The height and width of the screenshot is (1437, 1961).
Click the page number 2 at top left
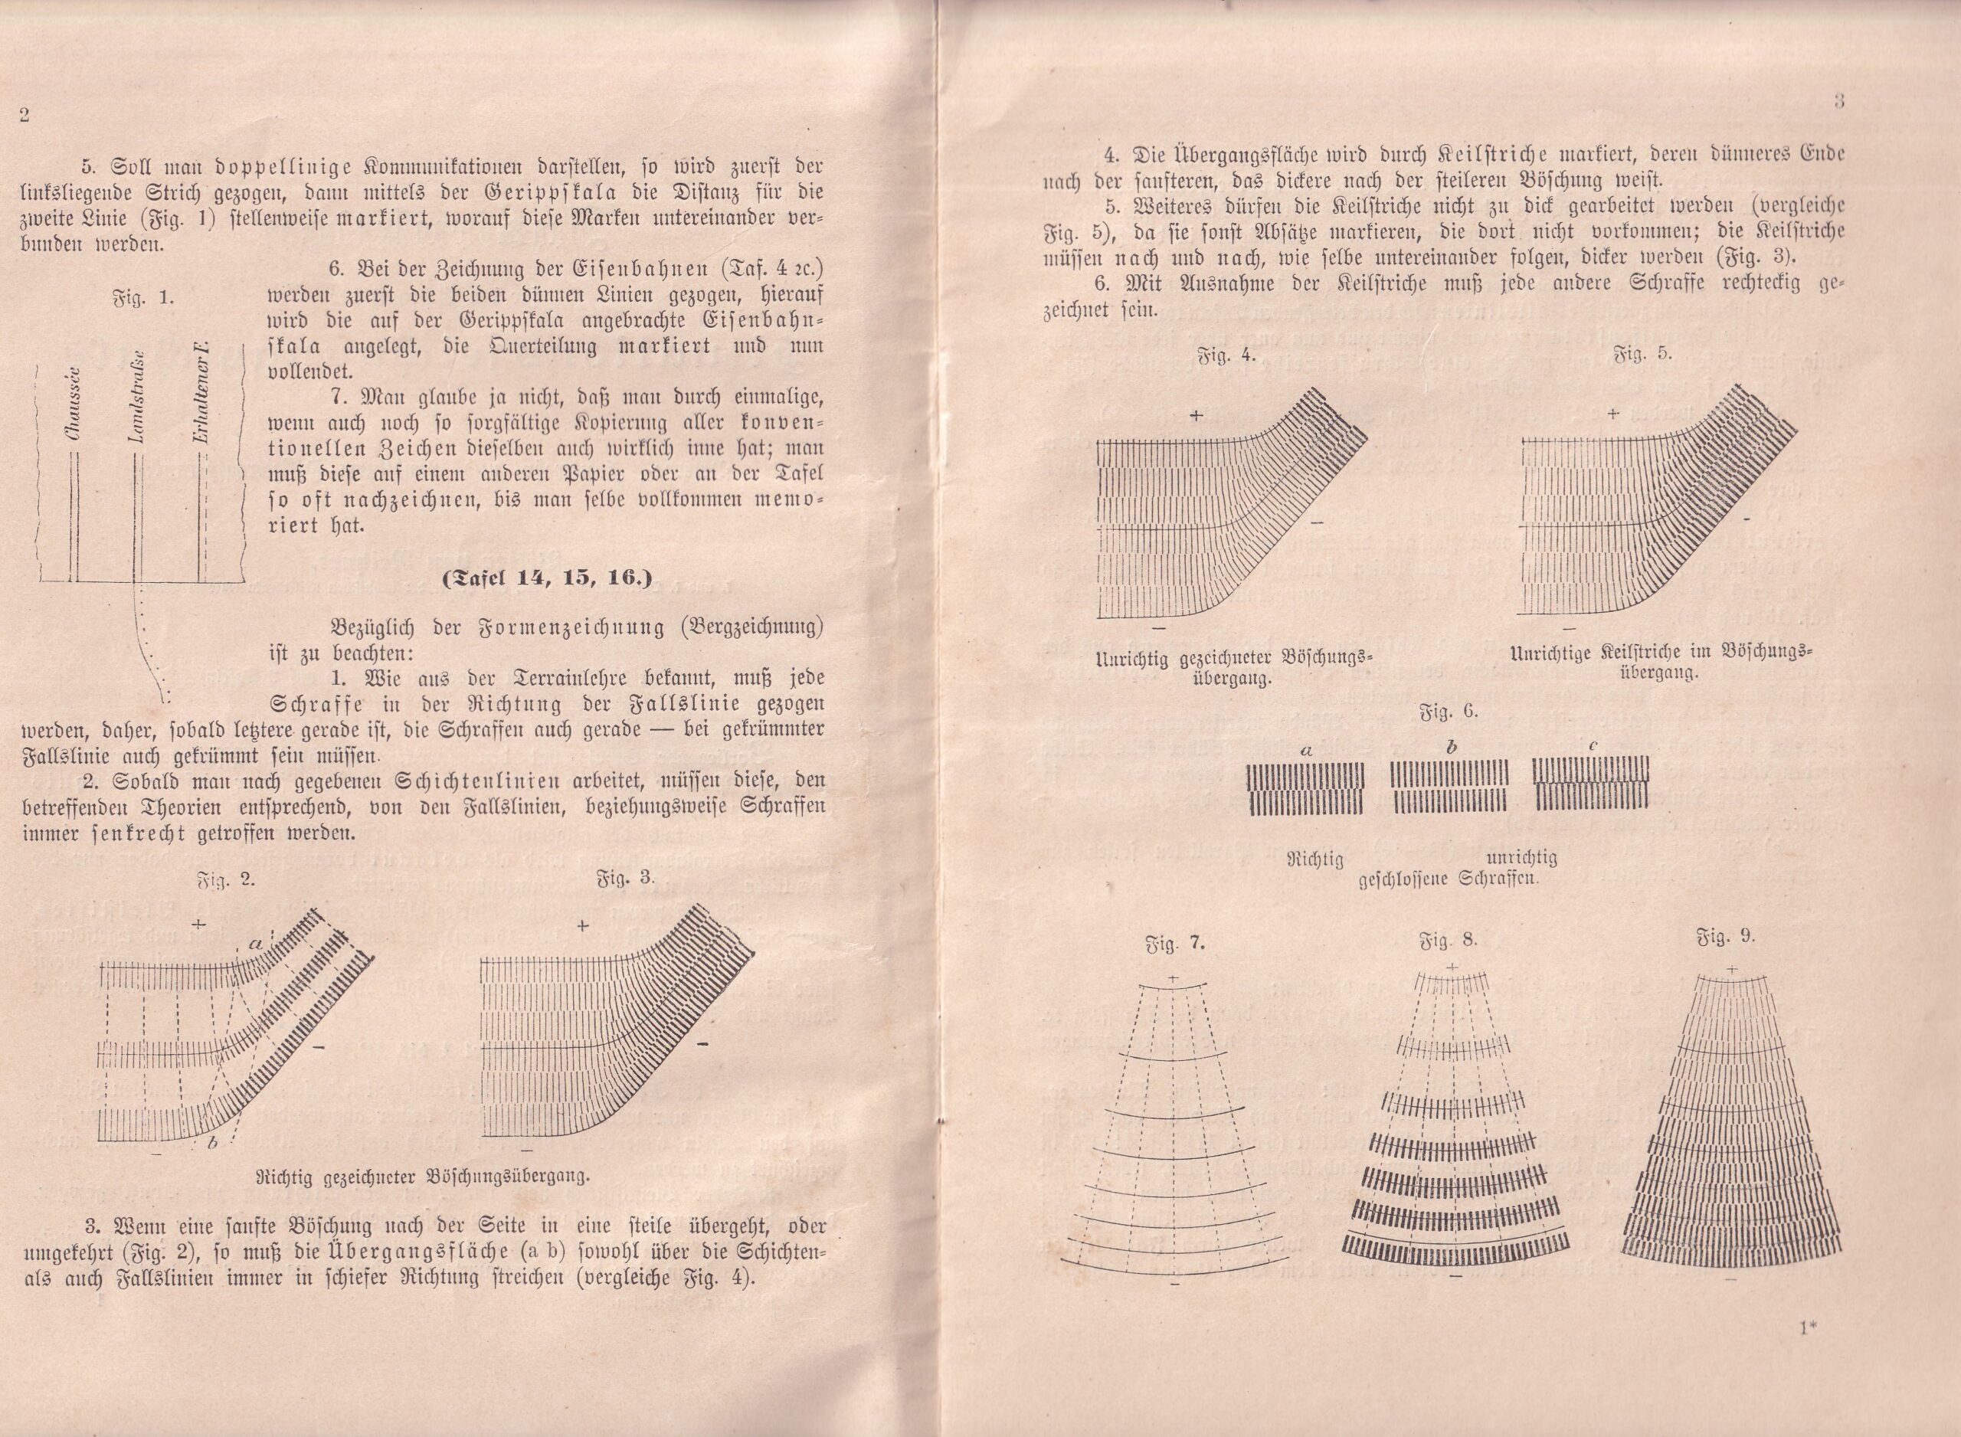tap(25, 116)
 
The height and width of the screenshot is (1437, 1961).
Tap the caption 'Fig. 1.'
tap(144, 296)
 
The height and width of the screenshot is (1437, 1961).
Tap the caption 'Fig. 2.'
tap(225, 879)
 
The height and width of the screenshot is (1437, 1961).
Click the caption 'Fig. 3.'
tap(625, 879)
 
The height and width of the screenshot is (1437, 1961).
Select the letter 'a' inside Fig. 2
tap(255, 942)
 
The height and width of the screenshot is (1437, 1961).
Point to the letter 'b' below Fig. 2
tap(211, 1142)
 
